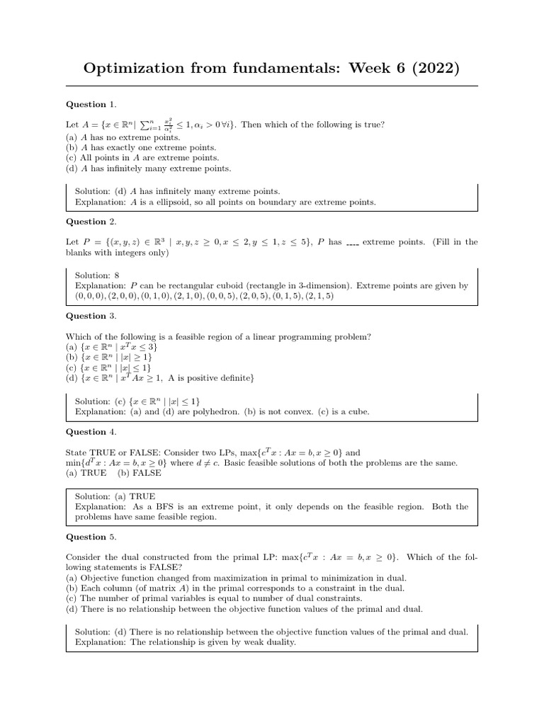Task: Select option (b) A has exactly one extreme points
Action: point(141,147)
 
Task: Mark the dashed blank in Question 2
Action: point(352,243)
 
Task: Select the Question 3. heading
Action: point(91,316)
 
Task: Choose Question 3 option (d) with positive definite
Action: point(159,378)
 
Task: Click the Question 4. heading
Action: point(91,431)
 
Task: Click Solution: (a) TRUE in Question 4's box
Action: point(115,496)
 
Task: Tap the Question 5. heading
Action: point(91,537)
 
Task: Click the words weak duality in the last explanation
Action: point(270,642)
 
